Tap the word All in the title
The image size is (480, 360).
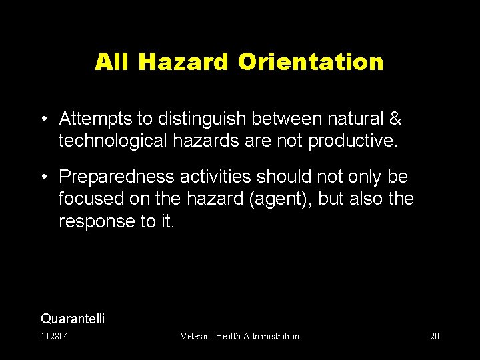[x=109, y=62]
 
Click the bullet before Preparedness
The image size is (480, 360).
[x=43, y=176]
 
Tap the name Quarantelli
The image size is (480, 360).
[x=73, y=319]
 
